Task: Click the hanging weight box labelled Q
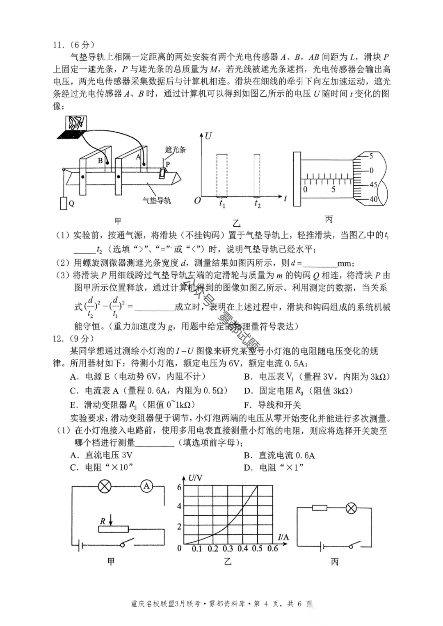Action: [64, 203]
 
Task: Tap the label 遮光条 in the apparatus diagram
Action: [176, 150]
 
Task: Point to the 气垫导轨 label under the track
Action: [157, 200]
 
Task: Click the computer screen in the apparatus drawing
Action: [76, 123]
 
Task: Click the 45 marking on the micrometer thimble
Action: [374, 185]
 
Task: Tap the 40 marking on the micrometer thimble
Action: [374, 199]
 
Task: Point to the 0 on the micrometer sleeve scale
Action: [305, 189]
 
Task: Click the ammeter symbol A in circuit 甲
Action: [146, 486]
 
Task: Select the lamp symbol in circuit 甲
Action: [105, 487]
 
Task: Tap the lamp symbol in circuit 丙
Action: [351, 508]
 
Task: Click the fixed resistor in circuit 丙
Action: [320, 508]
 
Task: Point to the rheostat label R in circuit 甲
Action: [103, 521]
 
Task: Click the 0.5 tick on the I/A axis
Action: [257, 549]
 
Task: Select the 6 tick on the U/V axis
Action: [179, 487]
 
